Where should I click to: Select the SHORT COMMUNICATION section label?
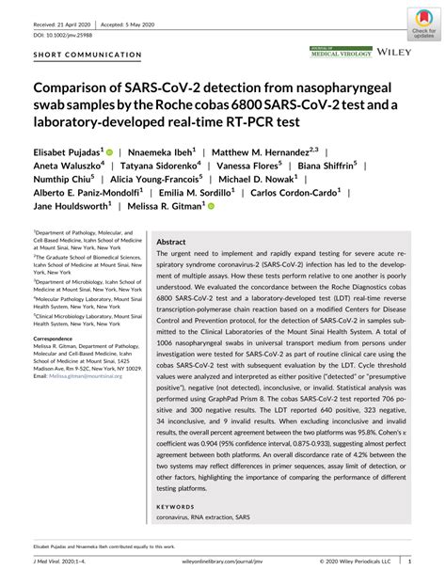click(87, 55)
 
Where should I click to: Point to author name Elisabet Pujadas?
click(69, 150)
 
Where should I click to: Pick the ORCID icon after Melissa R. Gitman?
click(211, 208)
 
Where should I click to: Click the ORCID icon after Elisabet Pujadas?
click(109, 151)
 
